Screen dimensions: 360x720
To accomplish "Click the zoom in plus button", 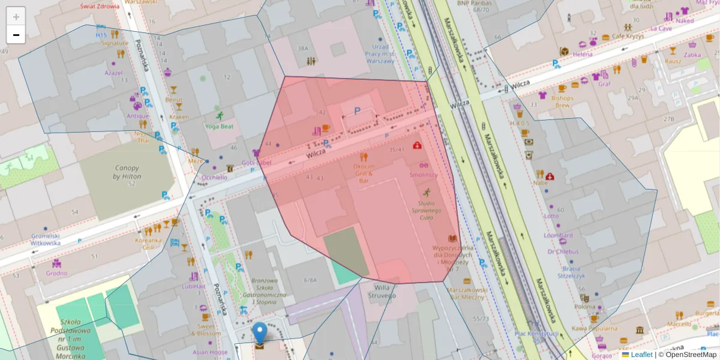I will [x=16, y=16].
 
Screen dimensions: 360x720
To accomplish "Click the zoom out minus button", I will [x=16, y=35].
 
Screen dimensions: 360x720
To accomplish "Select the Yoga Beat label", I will [x=219, y=127].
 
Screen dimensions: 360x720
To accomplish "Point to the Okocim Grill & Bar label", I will [x=364, y=173].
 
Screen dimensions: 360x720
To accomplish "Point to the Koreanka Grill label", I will [x=149, y=244].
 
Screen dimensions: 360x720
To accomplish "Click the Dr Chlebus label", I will [x=562, y=251].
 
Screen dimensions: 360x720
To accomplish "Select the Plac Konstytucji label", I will [x=537, y=333].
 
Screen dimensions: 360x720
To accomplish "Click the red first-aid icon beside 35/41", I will [x=417, y=145].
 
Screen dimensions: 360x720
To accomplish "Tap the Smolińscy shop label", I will [x=424, y=175].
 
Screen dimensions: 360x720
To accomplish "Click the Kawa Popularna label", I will [x=594, y=328].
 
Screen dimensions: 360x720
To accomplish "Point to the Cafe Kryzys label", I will [x=628, y=37].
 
